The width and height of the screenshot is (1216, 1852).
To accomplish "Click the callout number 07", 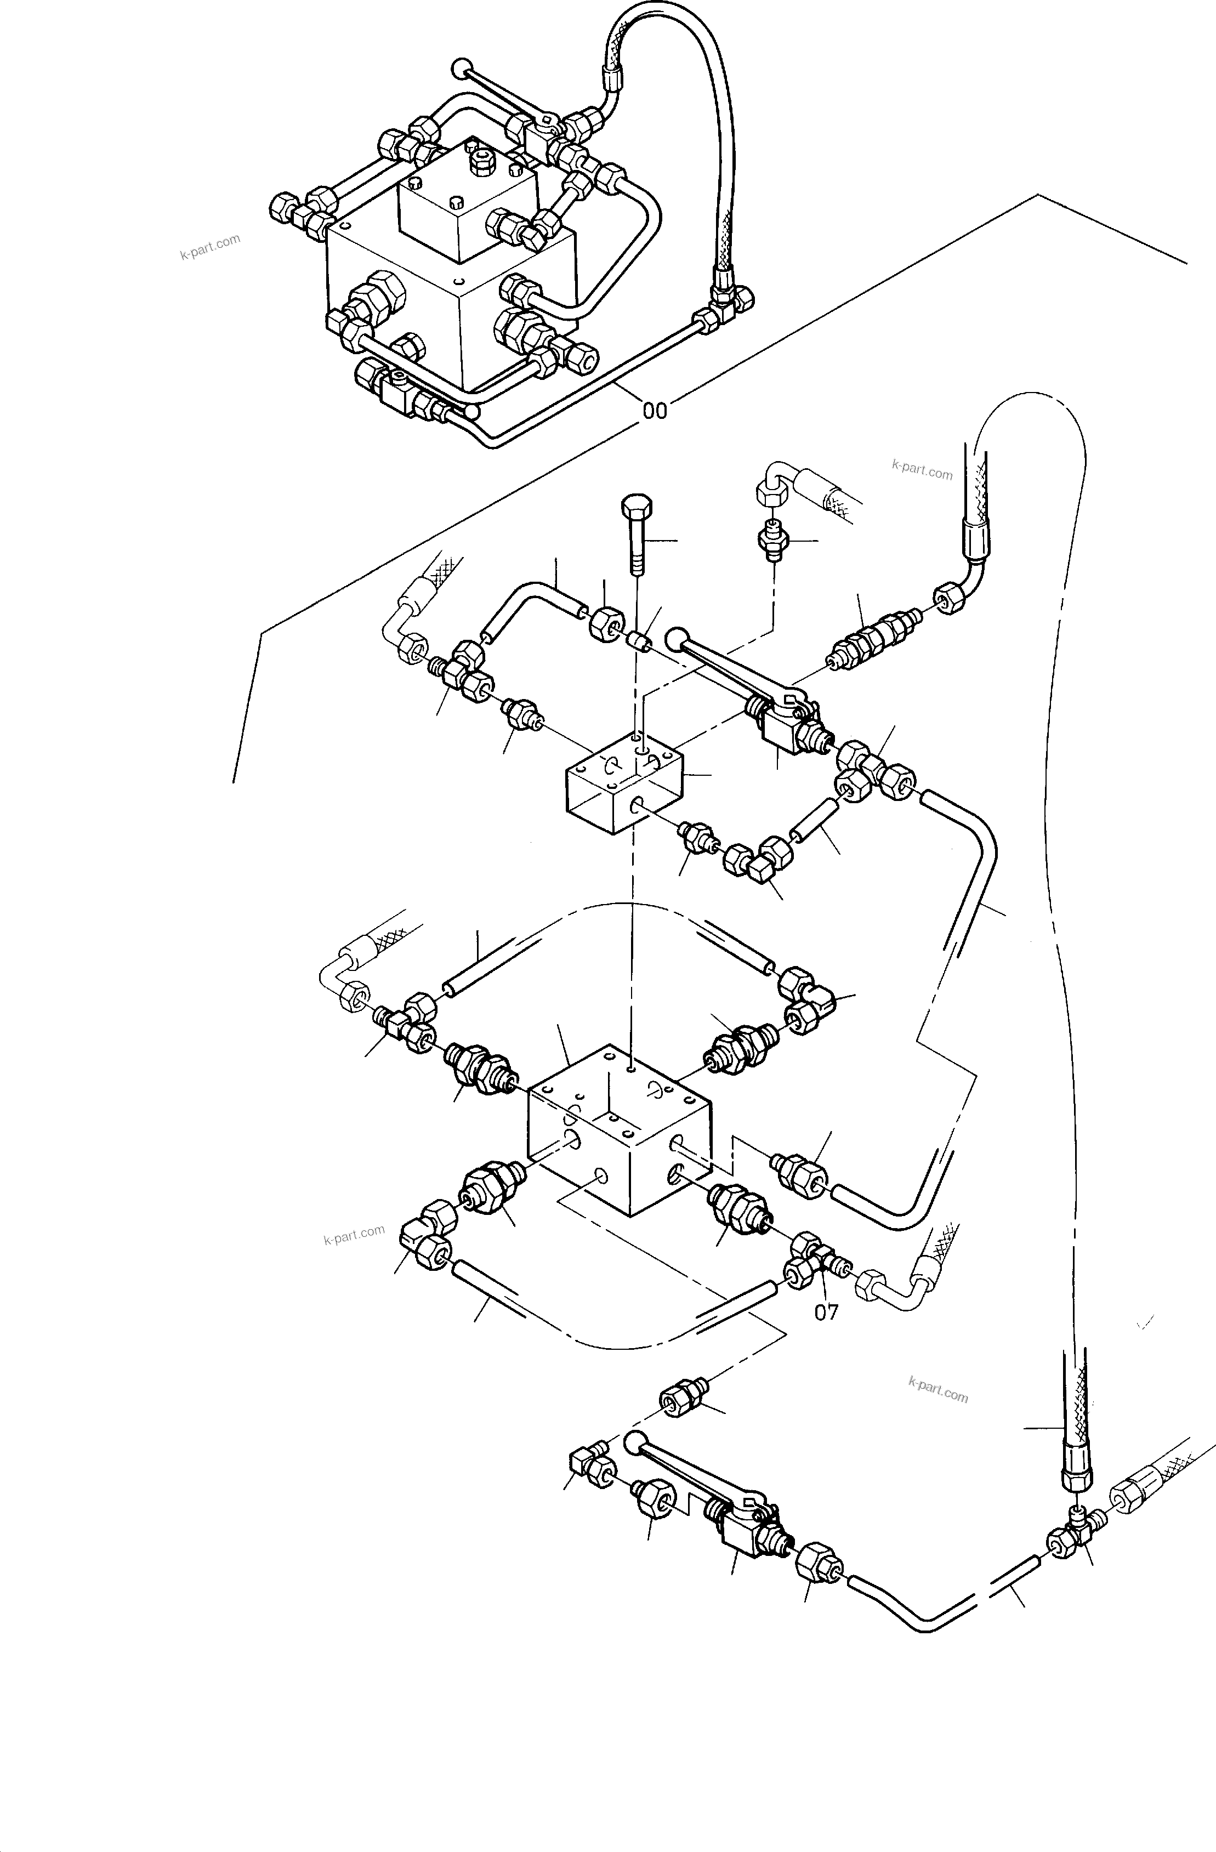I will [826, 1313].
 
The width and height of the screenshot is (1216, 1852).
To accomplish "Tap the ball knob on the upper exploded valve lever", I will [677, 637].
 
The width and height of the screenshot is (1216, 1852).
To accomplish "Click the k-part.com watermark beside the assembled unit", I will [210, 247].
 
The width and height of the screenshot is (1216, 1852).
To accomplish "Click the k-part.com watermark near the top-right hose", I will [922, 470].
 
